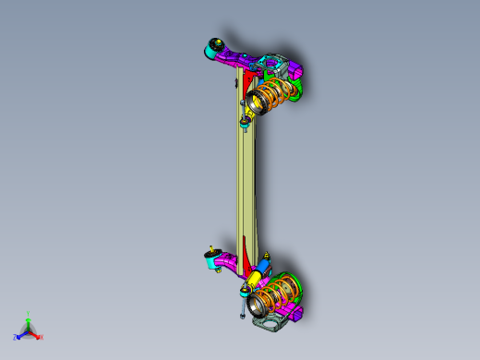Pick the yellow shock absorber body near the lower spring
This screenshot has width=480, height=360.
pos(252,276)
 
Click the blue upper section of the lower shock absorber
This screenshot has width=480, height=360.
pos(265,265)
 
